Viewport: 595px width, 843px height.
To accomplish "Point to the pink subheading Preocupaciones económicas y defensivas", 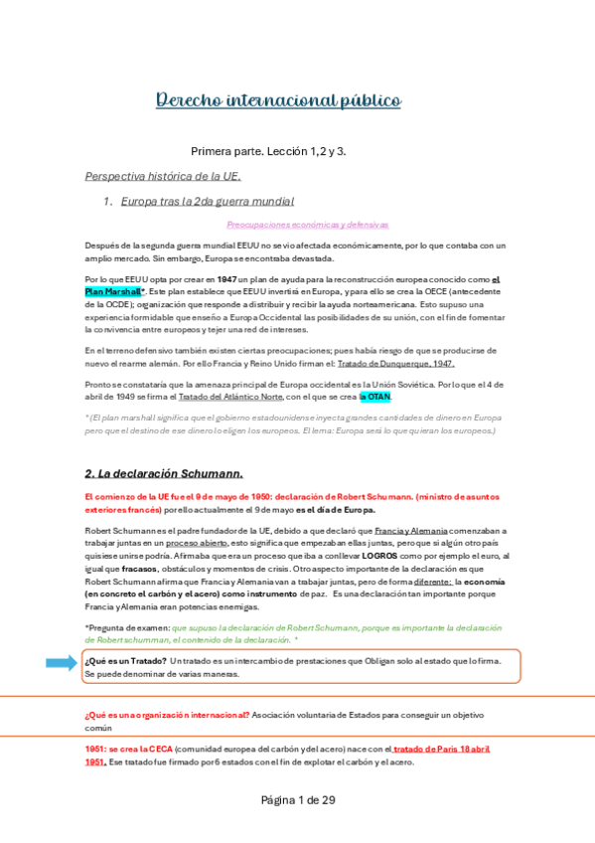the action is coord(307,225).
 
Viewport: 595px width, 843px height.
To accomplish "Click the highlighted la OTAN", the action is coord(375,397).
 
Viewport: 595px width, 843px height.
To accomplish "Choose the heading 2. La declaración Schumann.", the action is coord(164,472).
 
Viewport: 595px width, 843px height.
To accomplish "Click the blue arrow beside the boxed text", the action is coord(61,662).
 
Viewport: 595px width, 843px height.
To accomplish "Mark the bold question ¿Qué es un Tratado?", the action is coord(125,660).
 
